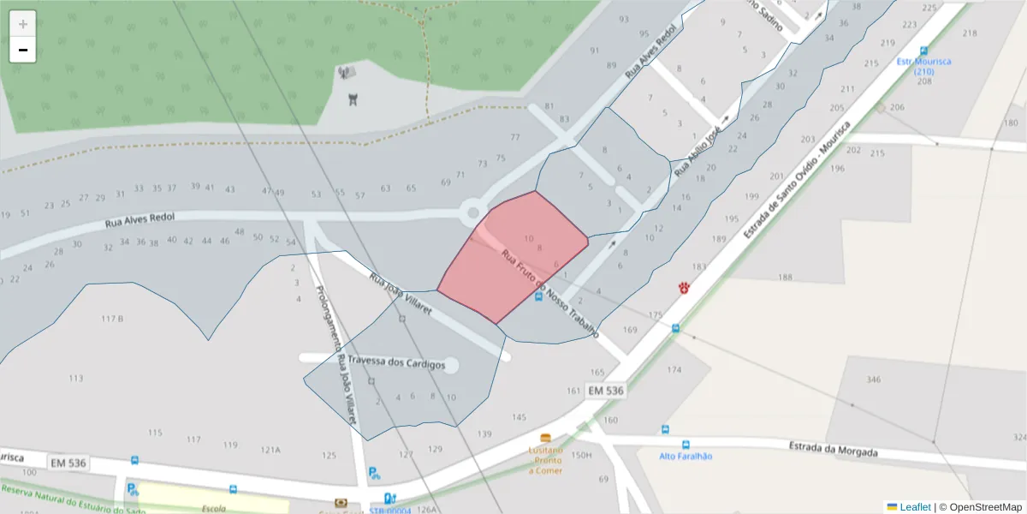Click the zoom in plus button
(22, 24)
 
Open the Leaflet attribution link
(914, 507)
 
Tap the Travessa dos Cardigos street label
(397, 364)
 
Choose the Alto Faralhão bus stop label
(686, 456)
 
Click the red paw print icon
(684, 288)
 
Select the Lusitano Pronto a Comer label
(545, 460)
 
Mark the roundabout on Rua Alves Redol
(472, 212)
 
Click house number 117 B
(112, 319)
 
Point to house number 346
(873, 379)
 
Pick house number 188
(785, 277)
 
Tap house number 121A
(270, 449)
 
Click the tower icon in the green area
(352, 99)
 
